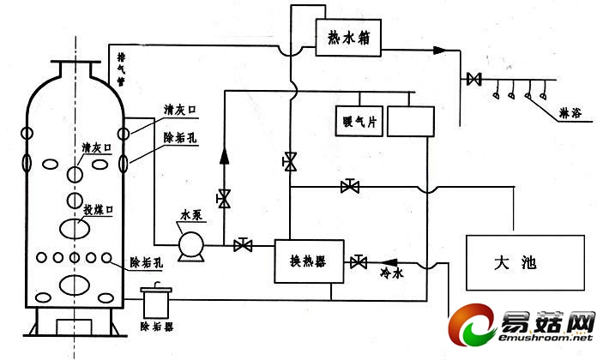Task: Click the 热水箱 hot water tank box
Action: point(347,39)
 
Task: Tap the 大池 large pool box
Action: point(515,261)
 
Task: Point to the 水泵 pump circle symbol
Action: point(190,246)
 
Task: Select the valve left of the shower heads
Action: point(472,81)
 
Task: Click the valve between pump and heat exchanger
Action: point(243,246)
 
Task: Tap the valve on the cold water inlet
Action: point(358,261)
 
